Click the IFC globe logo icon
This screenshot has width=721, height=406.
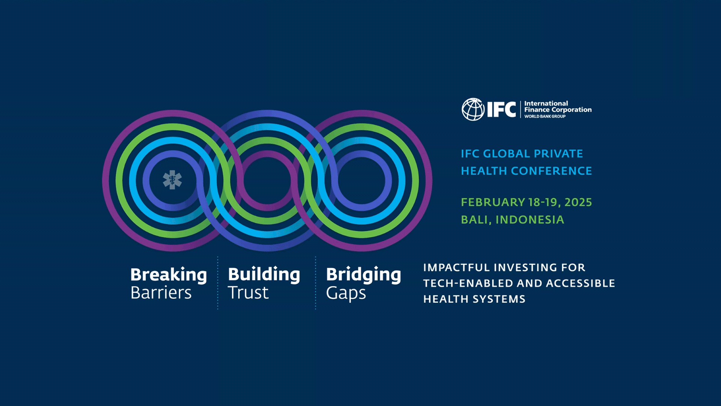click(473, 109)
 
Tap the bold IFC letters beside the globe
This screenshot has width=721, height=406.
click(501, 109)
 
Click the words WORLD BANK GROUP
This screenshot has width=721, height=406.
click(545, 117)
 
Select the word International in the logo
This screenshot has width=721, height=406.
click(546, 103)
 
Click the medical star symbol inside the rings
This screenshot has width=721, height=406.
click(172, 180)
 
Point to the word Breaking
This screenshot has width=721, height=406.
click(169, 275)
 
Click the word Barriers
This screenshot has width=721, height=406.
click(161, 293)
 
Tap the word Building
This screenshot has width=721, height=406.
click(264, 275)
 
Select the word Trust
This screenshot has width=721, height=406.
click(248, 293)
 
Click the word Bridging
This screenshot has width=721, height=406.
click(364, 275)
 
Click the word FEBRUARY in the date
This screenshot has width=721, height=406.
click(493, 202)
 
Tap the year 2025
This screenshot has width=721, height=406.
click(578, 202)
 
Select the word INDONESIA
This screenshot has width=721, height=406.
click(530, 220)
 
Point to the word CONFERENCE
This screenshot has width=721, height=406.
click(551, 171)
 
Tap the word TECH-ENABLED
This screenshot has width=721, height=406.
click(466, 283)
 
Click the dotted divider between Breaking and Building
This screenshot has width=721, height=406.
click(218, 283)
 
